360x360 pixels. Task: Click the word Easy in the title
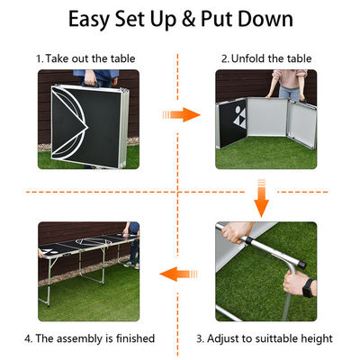(x=89, y=20)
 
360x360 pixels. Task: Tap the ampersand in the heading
(x=188, y=19)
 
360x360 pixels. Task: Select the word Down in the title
(x=265, y=19)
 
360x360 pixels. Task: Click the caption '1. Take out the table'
(x=85, y=58)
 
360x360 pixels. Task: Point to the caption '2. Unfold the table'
(x=266, y=58)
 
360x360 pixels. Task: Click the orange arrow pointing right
(x=182, y=114)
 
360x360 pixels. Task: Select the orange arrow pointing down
(x=261, y=198)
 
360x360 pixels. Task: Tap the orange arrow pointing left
(x=178, y=274)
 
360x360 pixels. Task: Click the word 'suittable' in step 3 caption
(x=275, y=338)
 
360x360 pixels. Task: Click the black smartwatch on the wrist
(x=308, y=288)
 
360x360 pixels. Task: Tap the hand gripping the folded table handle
(x=90, y=78)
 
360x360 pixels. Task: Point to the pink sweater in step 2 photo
(x=290, y=77)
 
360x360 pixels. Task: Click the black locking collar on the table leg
(x=248, y=240)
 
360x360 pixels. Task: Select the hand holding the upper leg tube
(x=237, y=232)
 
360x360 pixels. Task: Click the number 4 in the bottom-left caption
(x=28, y=338)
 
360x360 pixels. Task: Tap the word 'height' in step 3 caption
(x=317, y=338)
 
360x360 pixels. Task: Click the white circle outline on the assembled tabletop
(x=88, y=241)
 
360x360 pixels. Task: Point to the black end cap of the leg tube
(x=302, y=265)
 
